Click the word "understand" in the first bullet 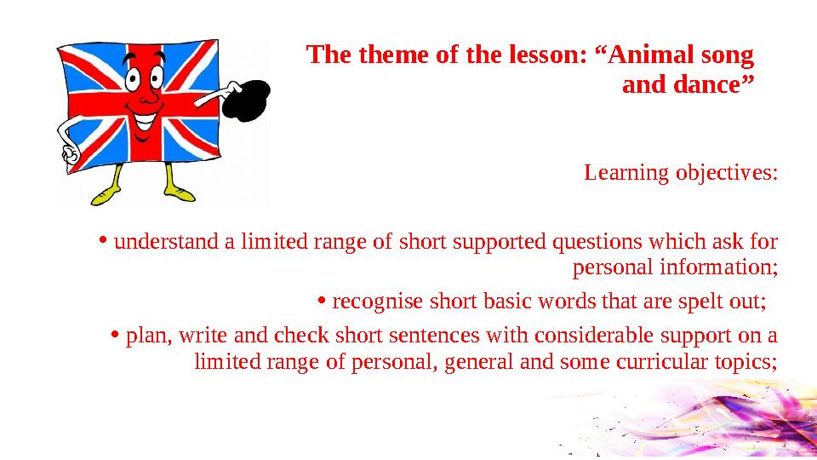[x=167, y=241]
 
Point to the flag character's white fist [x=68, y=152]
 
